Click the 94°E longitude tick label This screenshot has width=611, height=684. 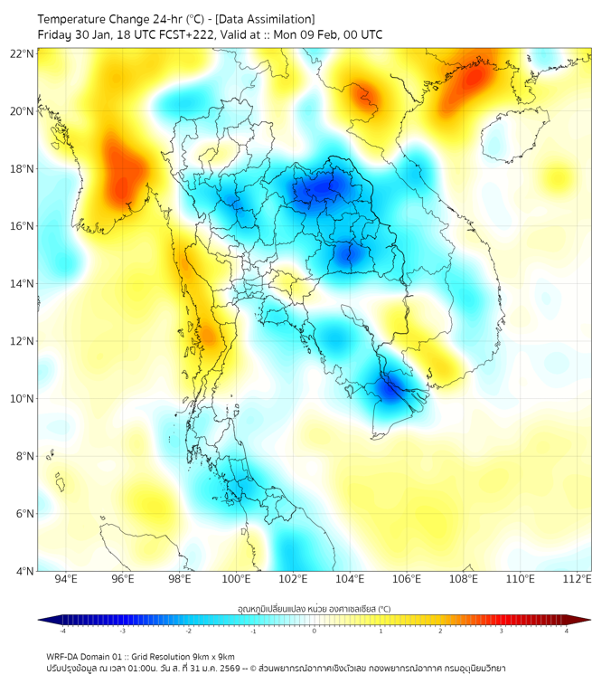point(66,579)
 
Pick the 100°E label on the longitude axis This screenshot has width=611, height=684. point(237,579)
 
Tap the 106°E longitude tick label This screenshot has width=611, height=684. point(407,579)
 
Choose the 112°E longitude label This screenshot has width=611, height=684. point(577,579)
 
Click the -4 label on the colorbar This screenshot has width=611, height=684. point(62,631)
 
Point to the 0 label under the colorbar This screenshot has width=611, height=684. point(315,631)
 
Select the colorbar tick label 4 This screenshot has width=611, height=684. point(566,631)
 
